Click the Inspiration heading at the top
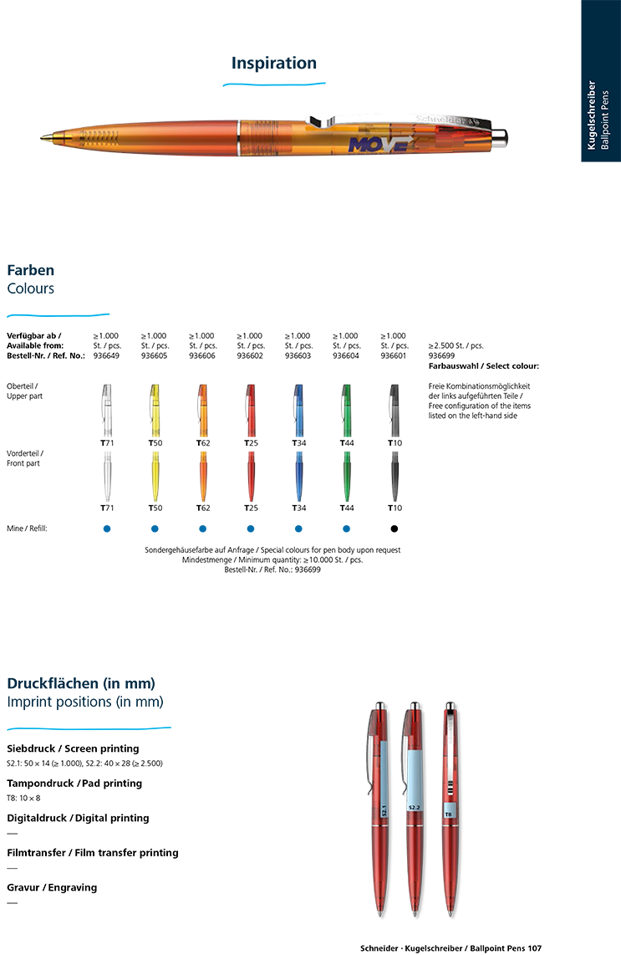(x=274, y=64)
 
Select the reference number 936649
(x=106, y=355)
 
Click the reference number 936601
(x=394, y=355)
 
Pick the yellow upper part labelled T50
(x=155, y=410)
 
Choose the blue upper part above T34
(x=298, y=410)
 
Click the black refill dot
(x=394, y=529)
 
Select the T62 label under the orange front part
(x=203, y=508)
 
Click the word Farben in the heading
(x=30, y=270)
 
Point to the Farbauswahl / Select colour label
(x=483, y=366)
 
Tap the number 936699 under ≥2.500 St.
(x=441, y=355)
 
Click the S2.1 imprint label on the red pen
(x=384, y=811)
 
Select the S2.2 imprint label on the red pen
(x=414, y=808)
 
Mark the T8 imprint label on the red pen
(x=448, y=814)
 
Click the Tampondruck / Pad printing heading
(x=74, y=784)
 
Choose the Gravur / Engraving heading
(x=52, y=887)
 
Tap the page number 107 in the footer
(x=535, y=948)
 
